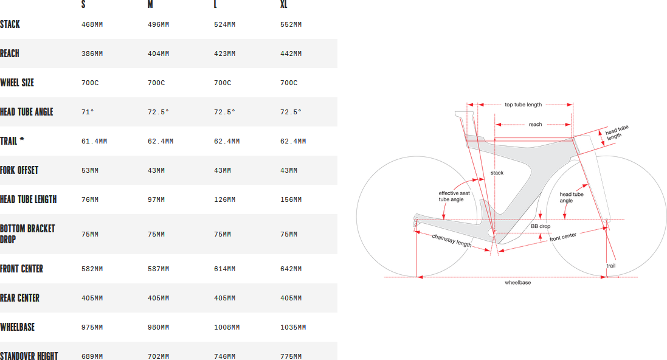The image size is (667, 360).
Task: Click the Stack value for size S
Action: tap(92, 25)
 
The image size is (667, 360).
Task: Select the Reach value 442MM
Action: tap(291, 54)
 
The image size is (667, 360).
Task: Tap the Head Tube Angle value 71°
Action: tap(88, 112)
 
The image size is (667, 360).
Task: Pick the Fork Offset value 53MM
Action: tap(90, 170)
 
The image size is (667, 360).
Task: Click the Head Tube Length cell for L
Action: tap(224, 199)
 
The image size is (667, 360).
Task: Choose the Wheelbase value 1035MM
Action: tap(293, 327)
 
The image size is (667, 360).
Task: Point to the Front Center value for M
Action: tap(158, 269)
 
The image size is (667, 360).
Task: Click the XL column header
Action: tap(284, 5)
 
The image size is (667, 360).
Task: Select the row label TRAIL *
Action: tap(12, 141)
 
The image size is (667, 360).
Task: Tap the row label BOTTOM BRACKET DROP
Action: tap(27, 234)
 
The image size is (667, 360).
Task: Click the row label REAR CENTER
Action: tap(19, 298)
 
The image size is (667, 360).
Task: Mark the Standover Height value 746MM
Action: tap(224, 356)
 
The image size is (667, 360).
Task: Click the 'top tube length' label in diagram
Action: tap(524, 105)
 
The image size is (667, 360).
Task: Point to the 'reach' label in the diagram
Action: tap(535, 125)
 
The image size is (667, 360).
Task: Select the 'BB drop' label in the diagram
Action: tap(541, 226)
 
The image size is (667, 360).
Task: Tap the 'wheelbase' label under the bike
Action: tap(517, 283)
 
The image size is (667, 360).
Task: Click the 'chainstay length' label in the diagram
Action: tap(452, 240)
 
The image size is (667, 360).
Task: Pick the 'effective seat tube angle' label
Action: tap(454, 196)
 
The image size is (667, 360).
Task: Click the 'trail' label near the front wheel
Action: tap(611, 266)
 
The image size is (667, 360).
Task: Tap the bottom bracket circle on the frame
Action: tap(492, 232)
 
